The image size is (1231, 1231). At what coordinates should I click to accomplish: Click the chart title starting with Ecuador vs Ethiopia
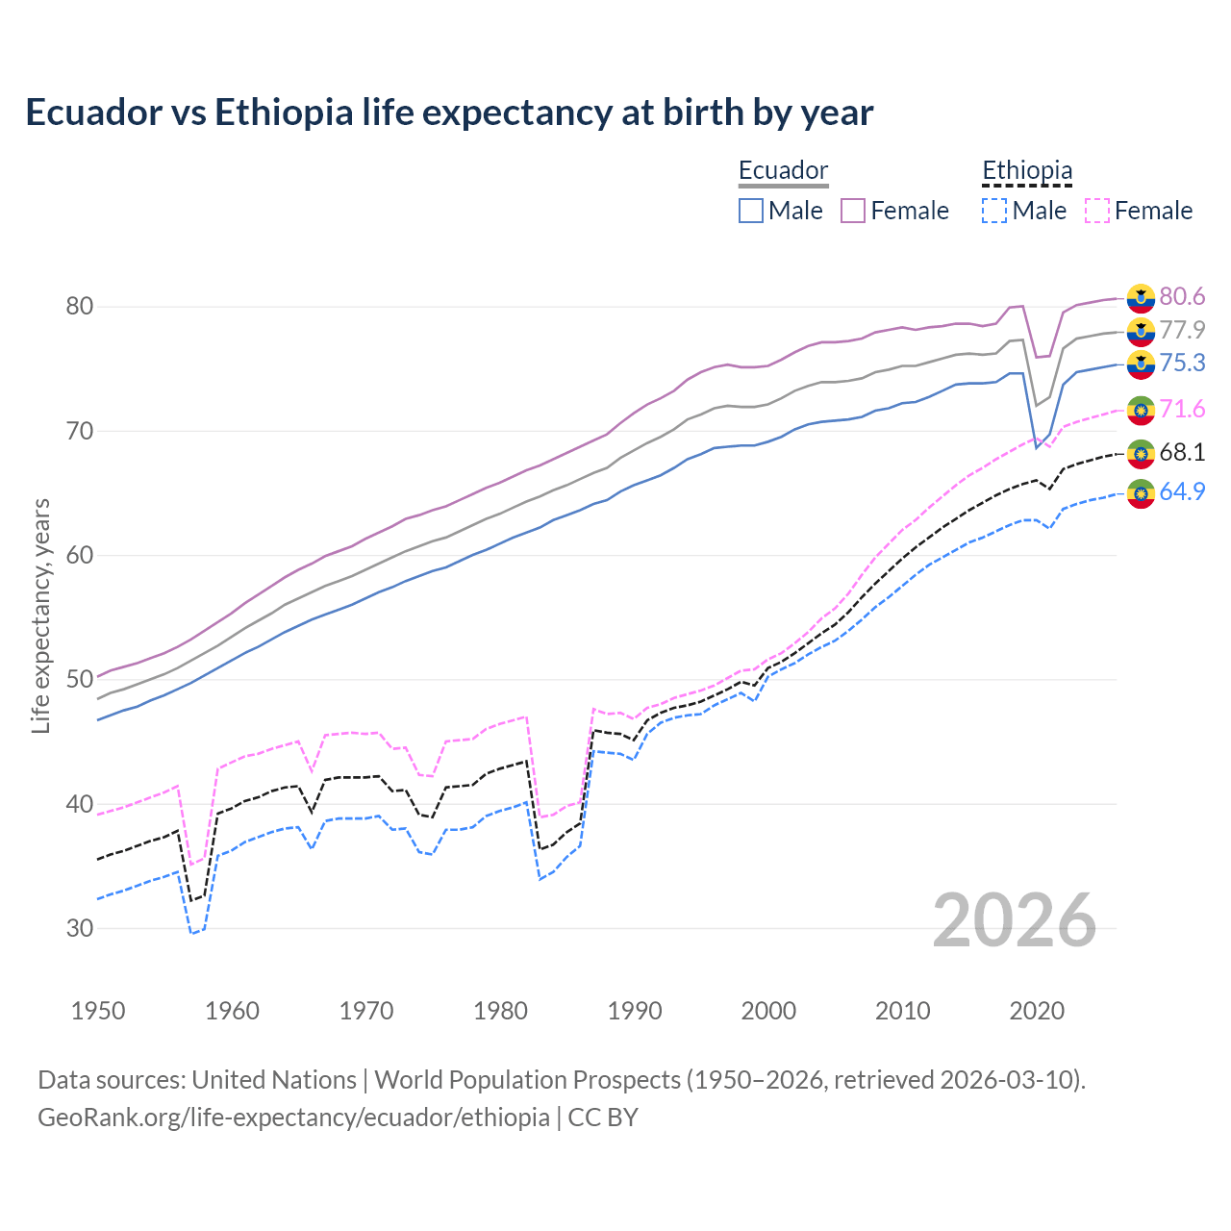449,113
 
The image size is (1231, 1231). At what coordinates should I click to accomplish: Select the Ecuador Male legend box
751,211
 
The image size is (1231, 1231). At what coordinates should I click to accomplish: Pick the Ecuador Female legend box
853,211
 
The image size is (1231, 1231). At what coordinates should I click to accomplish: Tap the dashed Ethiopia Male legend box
994,211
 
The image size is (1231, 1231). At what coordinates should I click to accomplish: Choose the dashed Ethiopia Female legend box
1096,211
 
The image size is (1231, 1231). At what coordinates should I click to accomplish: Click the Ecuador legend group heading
783,171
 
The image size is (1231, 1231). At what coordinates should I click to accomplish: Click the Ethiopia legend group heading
1026,171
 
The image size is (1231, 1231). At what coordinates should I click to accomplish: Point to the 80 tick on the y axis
79,307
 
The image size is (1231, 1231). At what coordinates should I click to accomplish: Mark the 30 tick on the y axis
79,928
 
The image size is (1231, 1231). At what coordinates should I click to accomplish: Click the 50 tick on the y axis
79,680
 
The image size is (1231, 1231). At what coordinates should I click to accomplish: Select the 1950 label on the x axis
98,1011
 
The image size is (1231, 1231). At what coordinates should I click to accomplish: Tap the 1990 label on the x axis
635,1011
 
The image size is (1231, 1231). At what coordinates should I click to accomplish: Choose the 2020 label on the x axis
1037,1011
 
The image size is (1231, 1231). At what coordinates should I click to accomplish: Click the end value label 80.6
1182,296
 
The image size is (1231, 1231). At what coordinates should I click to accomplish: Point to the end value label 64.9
1182,491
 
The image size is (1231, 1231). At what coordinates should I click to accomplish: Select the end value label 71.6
1182,410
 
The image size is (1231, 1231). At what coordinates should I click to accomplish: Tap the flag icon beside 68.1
1141,453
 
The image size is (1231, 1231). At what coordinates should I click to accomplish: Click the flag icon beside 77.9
1141,331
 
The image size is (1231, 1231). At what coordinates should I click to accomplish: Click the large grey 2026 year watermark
1015,920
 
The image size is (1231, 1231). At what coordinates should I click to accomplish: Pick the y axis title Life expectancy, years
41,615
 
